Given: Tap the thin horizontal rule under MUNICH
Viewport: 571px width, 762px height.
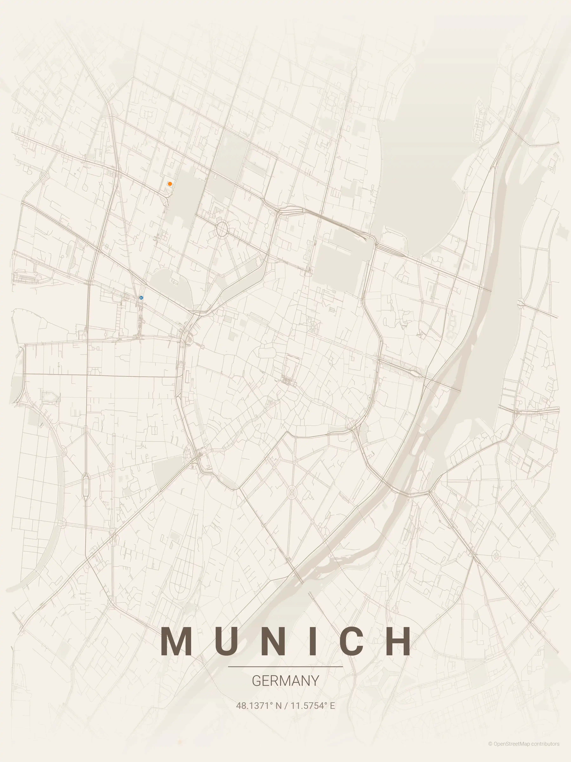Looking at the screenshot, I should coord(285,667).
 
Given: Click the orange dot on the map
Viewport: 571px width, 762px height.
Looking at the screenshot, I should coord(170,184).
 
